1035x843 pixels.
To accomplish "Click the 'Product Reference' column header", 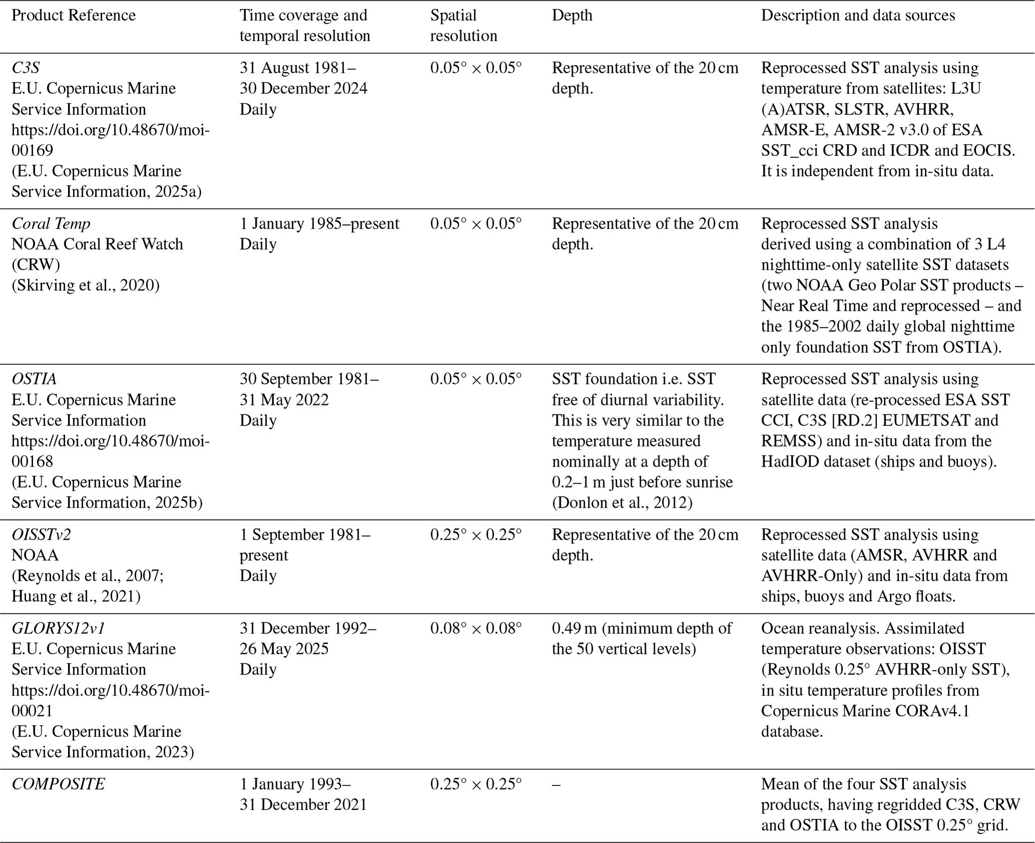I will click(74, 16).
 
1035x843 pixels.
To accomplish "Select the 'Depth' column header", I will click(572, 16).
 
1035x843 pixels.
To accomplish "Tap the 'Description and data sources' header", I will click(858, 16).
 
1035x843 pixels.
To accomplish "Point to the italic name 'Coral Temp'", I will click(51, 224).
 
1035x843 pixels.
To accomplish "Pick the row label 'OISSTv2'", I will click(41, 535).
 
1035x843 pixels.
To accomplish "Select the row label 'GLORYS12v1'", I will click(58, 628).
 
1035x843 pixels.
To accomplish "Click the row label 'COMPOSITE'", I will click(58, 784).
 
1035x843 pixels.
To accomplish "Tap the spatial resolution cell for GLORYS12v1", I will click(476, 628).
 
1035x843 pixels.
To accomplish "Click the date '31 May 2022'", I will click(284, 400).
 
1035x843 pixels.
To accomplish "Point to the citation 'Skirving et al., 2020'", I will click(86, 285).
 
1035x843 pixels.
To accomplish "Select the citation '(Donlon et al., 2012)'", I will click(622, 503).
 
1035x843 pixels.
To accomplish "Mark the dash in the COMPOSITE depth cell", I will click(556, 784).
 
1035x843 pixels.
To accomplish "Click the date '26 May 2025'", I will click(284, 649).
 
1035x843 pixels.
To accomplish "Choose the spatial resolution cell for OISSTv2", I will click(476, 535).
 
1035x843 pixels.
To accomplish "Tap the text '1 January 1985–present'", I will click(319, 224).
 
